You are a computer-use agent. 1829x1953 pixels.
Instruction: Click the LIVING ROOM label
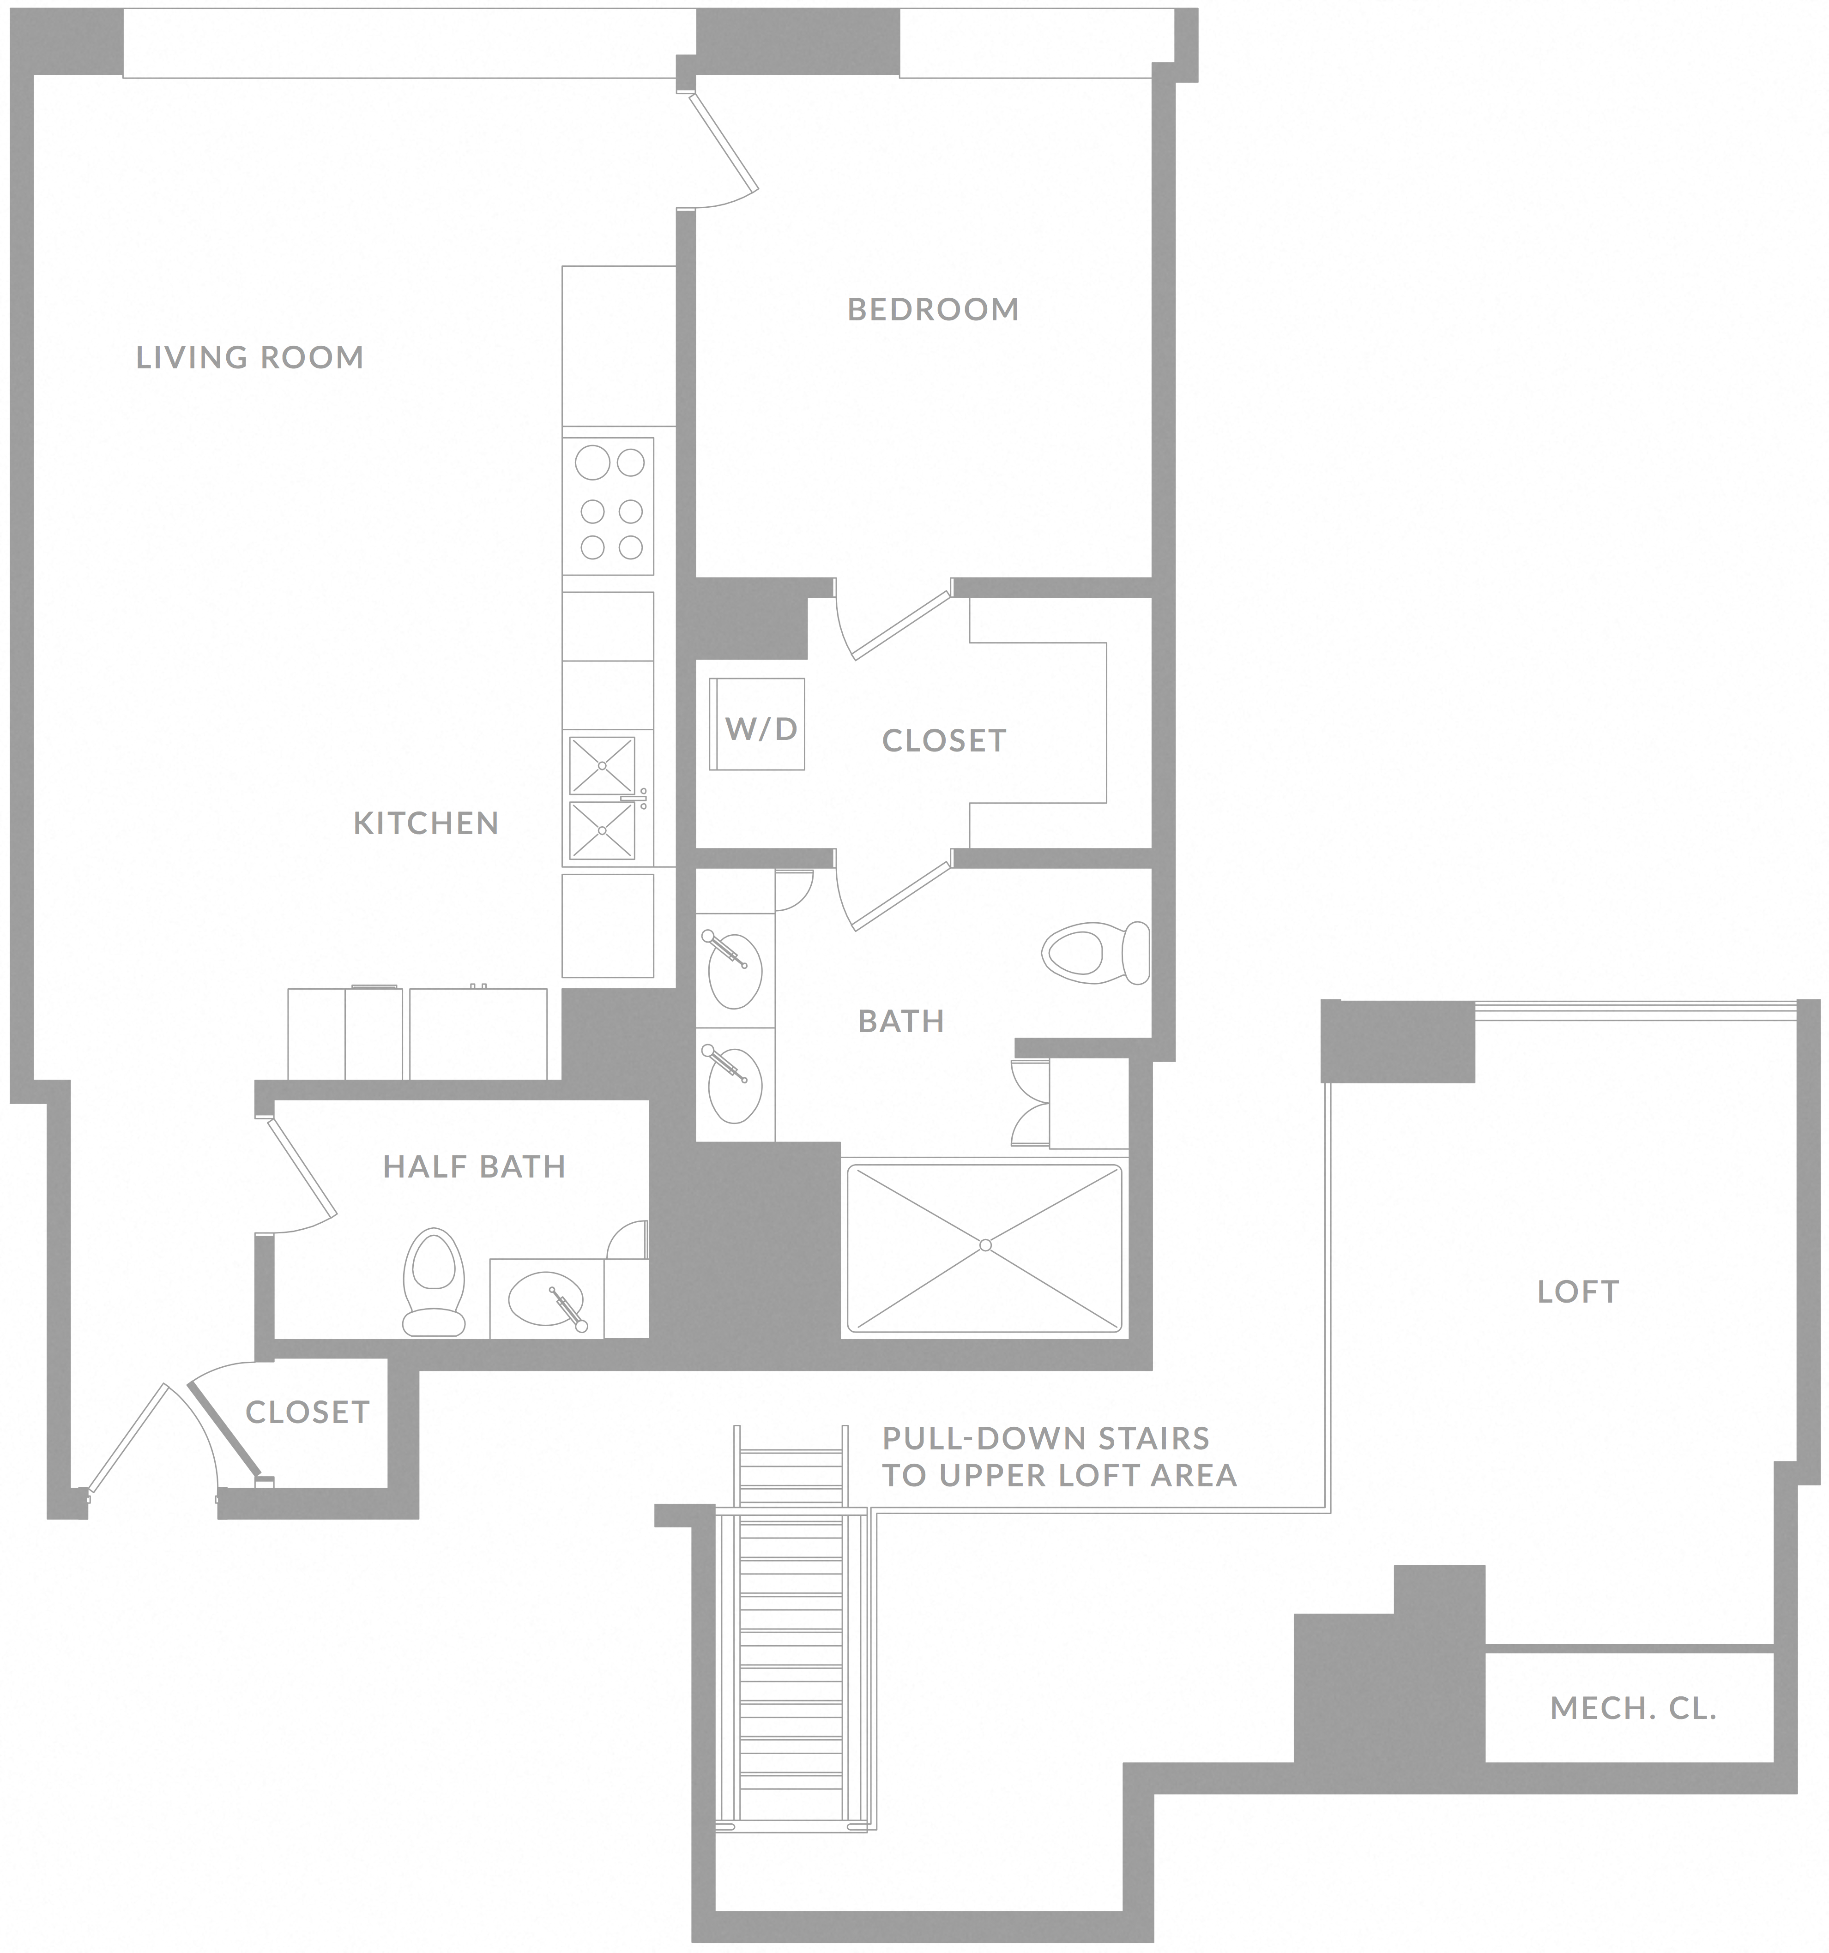tap(250, 358)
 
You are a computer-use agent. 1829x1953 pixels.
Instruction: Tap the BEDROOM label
tap(933, 309)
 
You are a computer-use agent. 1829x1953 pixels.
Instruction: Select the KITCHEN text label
tap(426, 823)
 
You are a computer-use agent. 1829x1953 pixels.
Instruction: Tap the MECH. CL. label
tap(1632, 1709)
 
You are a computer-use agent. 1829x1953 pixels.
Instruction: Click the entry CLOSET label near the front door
tap(307, 1412)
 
